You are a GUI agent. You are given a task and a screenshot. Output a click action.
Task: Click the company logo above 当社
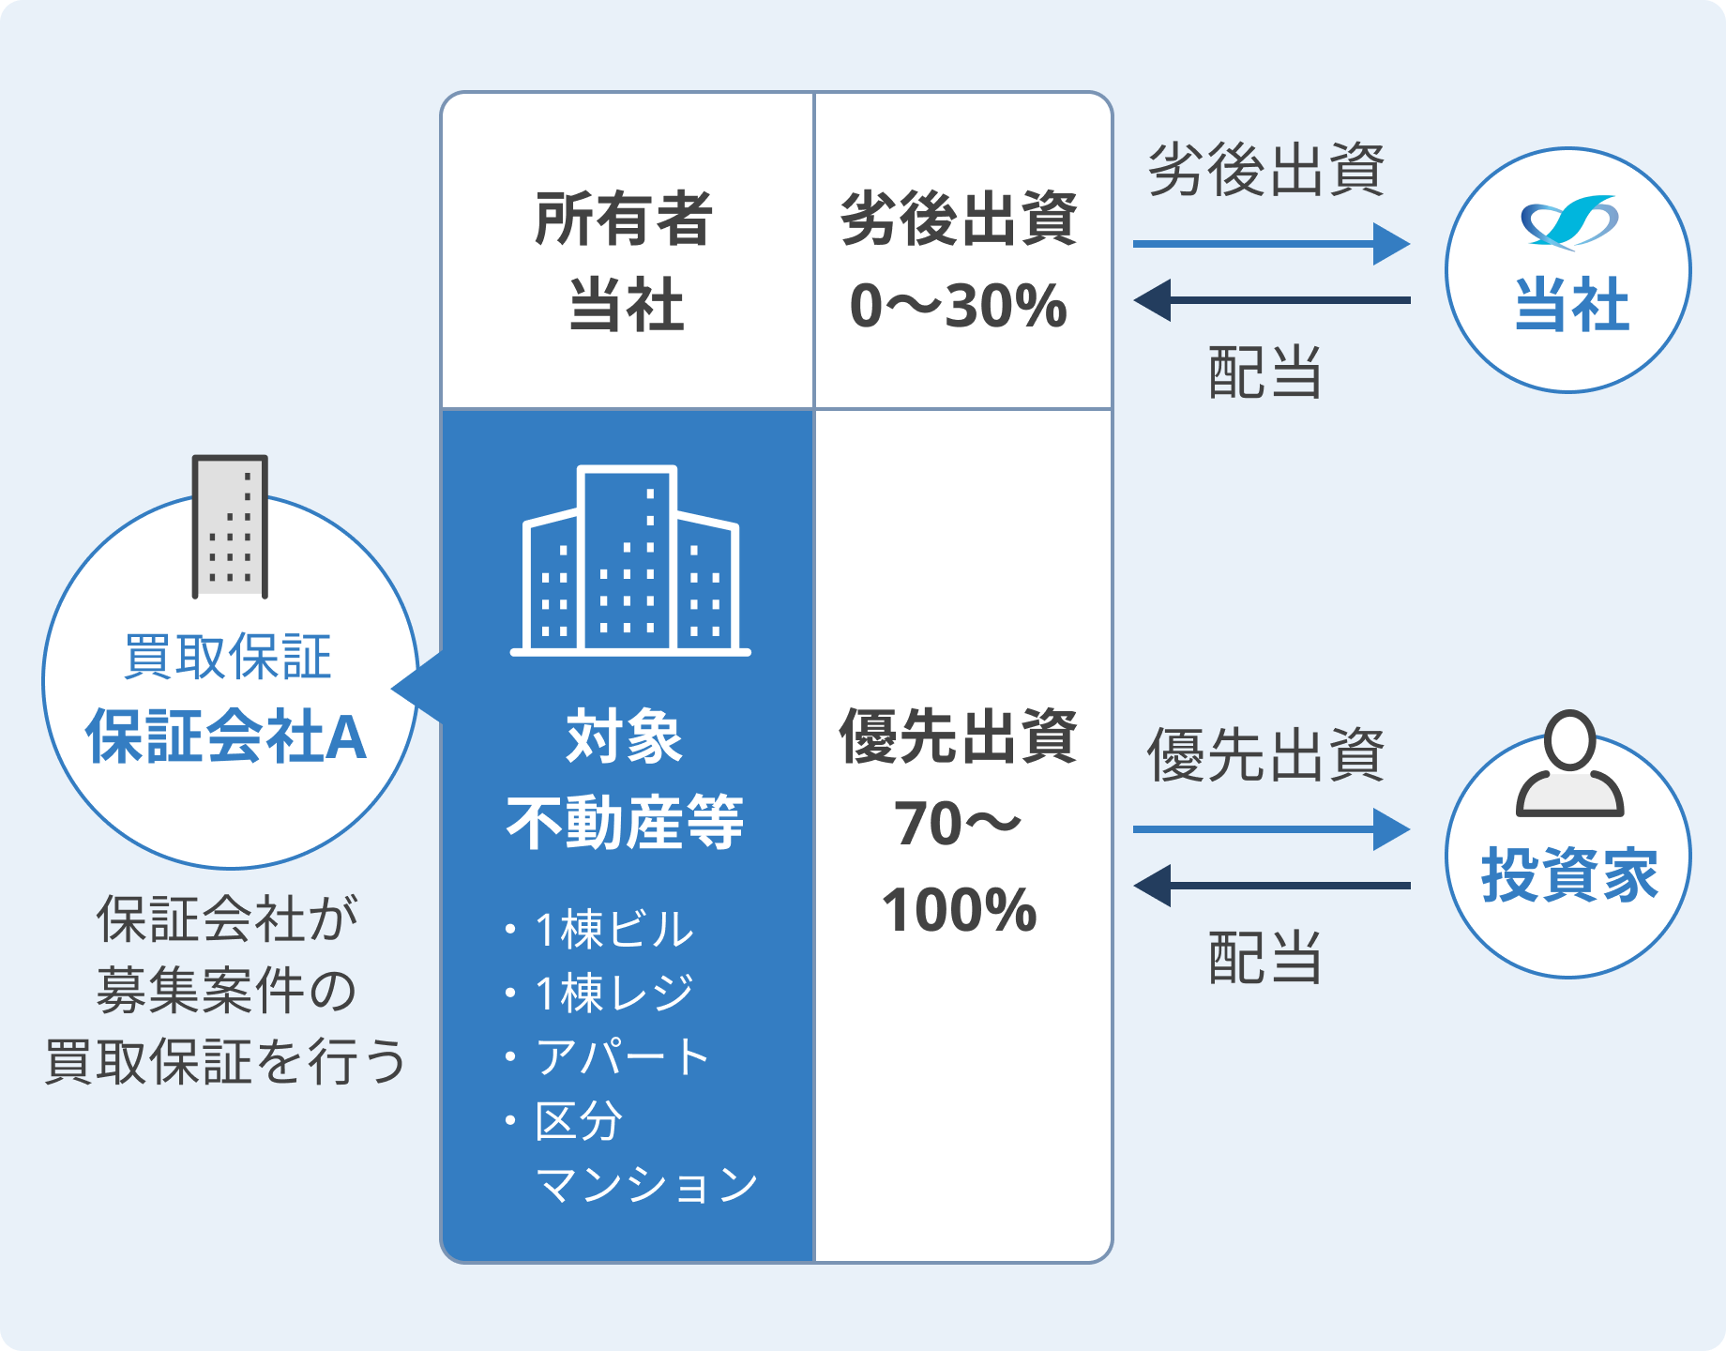pos(1568,222)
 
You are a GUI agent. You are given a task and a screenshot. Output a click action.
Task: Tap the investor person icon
pos(1569,764)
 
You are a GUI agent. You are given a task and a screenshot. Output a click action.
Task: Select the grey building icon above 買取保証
pos(230,526)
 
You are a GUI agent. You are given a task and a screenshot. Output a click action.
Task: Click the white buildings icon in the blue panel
pos(629,560)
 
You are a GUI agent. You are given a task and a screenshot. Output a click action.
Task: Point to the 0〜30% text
pos(958,306)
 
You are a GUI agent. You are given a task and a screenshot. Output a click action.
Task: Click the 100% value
pos(959,910)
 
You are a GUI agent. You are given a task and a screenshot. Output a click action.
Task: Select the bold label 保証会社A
pos(226,737)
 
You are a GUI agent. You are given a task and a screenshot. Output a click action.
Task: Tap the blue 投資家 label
pos(1569,874)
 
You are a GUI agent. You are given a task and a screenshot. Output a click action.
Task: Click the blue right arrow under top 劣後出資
pos(1270,244)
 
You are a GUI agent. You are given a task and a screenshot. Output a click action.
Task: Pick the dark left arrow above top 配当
pos(1270,300)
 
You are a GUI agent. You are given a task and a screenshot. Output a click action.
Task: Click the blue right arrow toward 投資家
pos(1270,829)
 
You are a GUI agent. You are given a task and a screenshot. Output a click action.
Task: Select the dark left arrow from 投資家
pos(1270,886)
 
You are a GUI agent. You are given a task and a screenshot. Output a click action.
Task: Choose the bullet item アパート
pos(621,1056)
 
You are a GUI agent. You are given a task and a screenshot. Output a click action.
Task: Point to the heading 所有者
pos(624,220)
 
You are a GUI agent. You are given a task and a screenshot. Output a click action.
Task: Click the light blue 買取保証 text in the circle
pos(228,657)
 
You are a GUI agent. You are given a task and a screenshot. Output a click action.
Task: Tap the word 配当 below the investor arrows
pos(1265,959)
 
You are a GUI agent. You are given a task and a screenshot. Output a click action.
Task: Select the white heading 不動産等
pos(625,824)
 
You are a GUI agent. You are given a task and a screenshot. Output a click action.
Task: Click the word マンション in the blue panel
pos(646,1184)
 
